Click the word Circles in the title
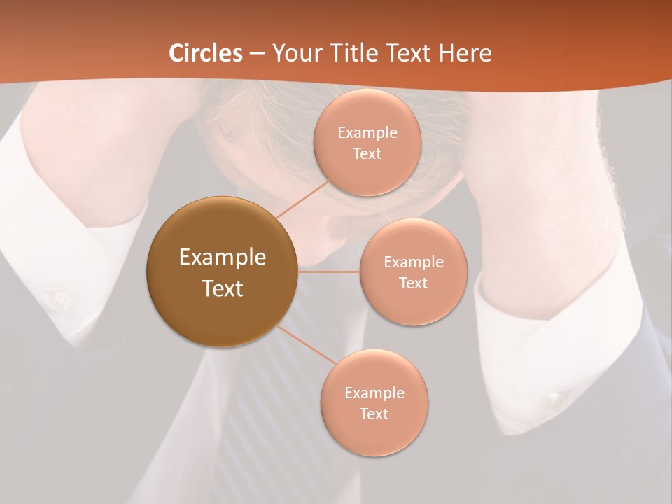206,53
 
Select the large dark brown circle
222,272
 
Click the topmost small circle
367,143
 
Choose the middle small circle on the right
414,272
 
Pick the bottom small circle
374,402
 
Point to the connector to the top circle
302,199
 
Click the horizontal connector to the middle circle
328,271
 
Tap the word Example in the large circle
223,257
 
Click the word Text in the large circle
223,288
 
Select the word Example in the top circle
367,132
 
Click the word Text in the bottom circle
374,414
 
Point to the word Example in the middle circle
414,262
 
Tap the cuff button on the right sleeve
554,400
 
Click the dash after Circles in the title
257,53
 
